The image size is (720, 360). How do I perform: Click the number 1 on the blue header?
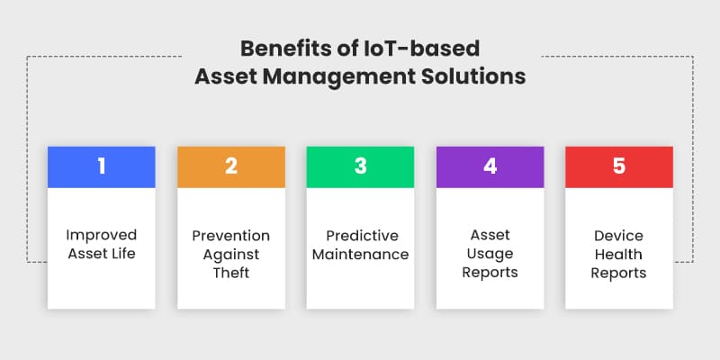click(101, 166)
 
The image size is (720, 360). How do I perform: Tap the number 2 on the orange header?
click(230, 166)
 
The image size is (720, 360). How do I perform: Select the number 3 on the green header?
click(360, 166)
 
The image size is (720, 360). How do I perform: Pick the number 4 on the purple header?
click(490, 166)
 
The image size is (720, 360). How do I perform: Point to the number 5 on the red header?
click(619, 166)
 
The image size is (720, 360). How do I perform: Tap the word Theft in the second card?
click(230, 273)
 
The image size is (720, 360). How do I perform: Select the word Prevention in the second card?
click(230, 236)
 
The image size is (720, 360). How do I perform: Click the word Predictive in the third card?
click(360, 236)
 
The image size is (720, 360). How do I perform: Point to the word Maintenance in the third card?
click(360, 255)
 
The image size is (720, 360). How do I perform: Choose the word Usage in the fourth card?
click(490, 254)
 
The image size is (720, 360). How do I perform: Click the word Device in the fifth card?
click(619, 236)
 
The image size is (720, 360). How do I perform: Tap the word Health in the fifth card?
click(619, 254)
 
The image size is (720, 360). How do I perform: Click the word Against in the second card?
click(230, 254)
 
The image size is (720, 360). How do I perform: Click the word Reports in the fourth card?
click(490, 273)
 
